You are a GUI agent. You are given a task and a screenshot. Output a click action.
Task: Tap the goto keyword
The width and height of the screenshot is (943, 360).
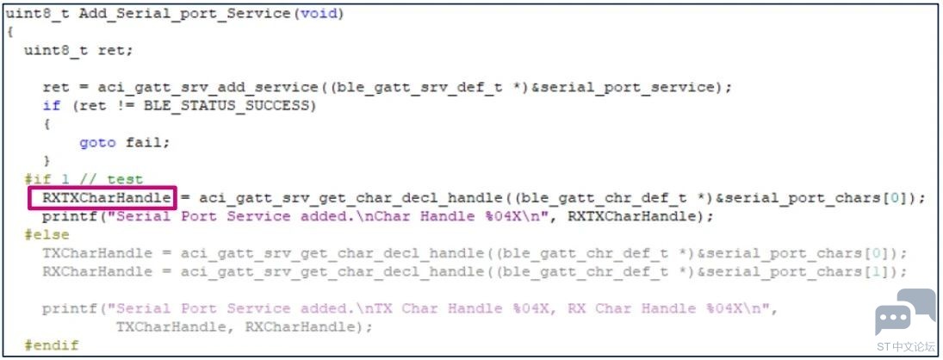(97, 142)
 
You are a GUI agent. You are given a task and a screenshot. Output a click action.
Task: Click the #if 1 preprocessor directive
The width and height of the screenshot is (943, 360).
(51, 179)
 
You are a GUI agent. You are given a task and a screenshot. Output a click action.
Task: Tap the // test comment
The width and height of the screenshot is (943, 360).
(113, 179)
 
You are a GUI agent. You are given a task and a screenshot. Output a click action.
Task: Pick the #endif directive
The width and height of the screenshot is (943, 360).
(51, 345)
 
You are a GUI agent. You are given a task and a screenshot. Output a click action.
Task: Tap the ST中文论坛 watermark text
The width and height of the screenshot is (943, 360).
(905, 346)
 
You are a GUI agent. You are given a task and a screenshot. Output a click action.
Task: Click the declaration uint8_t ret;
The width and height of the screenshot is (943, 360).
(78, 51)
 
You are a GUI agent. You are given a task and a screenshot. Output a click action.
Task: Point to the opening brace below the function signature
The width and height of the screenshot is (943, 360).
(9, 32)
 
